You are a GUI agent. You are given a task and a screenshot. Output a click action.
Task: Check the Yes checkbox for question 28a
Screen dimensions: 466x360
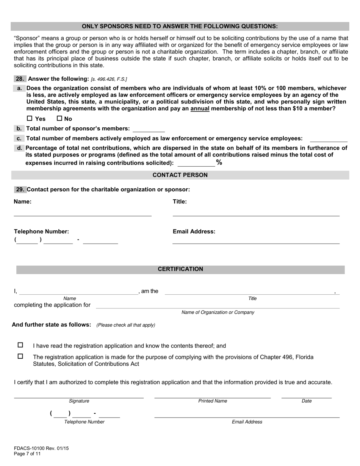click(x=30, y=119)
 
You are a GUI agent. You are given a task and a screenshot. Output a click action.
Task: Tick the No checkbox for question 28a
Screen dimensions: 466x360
click(x=59, y=119)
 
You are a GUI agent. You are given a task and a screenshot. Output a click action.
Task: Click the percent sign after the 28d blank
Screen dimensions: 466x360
click(x=219, y=163)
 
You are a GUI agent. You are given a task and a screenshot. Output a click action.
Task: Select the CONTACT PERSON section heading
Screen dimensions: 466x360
click(x=180, y=175)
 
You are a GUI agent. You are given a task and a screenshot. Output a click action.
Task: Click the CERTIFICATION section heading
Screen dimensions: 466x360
click(x=180, y=269)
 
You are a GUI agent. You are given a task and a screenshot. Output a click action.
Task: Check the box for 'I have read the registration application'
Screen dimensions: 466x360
click(x=20, y=345)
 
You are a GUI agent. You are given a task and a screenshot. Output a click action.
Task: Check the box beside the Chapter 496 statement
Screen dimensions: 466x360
click(x=20, y=357)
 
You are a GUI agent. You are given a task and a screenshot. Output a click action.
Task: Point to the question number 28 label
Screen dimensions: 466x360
click(x=20, y=79)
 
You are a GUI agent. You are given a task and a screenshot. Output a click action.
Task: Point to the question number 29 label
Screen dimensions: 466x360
click(x=20, y=189)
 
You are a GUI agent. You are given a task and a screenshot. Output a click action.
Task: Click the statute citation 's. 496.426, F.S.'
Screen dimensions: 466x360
click(x=109, y=79)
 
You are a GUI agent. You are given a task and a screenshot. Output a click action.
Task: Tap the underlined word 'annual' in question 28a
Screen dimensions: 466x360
click(x=200, y=109)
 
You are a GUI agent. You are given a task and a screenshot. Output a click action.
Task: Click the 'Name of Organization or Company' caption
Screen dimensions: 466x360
click(x=218, y=313)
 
